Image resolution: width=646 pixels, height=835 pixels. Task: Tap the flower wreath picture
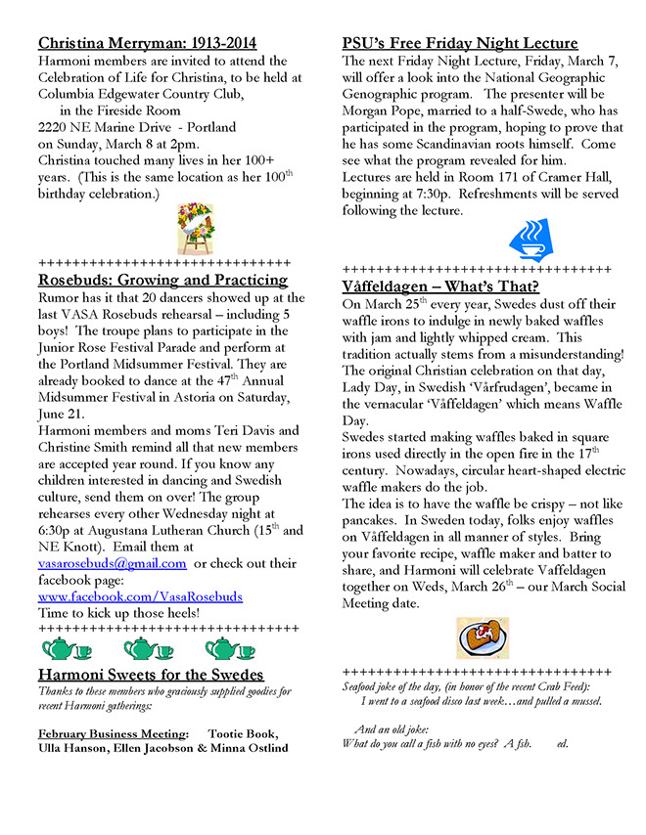(x=196, y=229)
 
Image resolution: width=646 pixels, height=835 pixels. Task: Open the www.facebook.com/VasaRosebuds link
(x=140, y=595)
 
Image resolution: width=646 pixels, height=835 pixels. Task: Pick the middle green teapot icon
(x=147, y=648)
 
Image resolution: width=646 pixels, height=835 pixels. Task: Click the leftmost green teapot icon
(x=67, y=648)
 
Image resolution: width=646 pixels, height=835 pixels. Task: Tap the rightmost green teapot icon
(x=229, y=648)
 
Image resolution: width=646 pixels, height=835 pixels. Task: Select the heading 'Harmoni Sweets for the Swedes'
(x=151, y=675)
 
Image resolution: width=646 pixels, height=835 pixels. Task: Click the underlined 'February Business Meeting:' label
(x=114, y=734)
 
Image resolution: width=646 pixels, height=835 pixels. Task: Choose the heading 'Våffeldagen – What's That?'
(x=440, y=286)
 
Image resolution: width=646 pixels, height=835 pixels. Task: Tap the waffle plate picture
(x=483, y=637)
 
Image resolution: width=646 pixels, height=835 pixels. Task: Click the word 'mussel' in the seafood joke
(x=581, y=701)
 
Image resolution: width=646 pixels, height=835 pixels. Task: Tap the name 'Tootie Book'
(x=243, y=734)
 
